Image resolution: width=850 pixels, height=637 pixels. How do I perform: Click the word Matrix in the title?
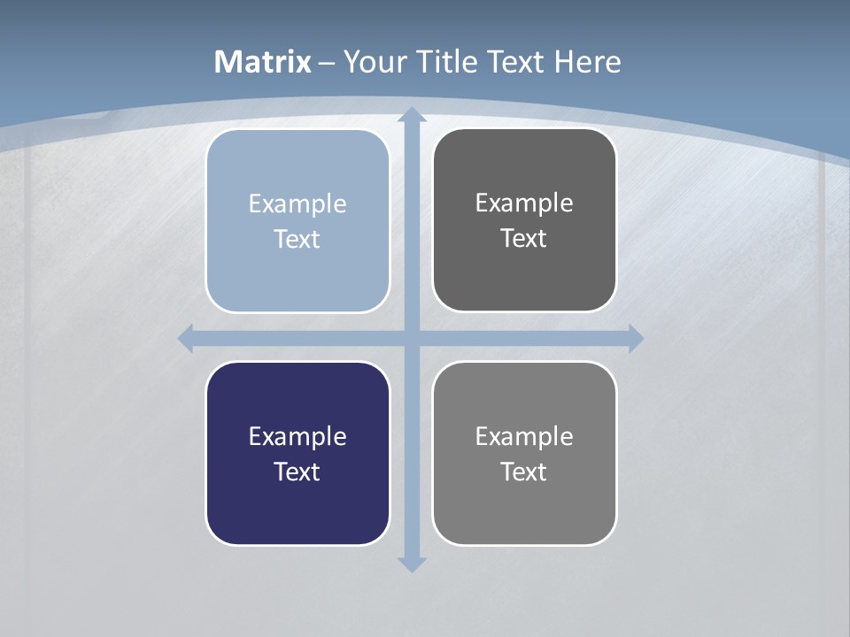[x=263, y=62]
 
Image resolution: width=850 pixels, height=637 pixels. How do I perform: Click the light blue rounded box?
[x=297, y=221]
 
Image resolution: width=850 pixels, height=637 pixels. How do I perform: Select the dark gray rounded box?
[x=524, y=220]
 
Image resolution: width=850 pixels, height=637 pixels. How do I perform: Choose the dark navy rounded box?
[x=297, y=454]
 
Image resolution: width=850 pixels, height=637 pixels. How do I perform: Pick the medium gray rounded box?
[x=524, y=454]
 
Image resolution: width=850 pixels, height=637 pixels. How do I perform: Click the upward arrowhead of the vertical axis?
[x=411, y=116]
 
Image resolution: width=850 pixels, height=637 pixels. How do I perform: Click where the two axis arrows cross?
[x=411, y=338]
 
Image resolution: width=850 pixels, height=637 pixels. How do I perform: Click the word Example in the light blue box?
[x=297, y=204]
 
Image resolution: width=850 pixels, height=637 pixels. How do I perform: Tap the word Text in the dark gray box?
[x=524, y=239]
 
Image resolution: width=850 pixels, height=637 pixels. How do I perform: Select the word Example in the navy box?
[x=297, y=437]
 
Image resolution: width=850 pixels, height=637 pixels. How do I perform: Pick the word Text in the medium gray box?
[x=524, y=472]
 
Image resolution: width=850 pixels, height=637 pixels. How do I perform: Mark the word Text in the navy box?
[x=297, y=472]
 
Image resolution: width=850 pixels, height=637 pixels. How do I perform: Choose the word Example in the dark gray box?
[x=524, y=203]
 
